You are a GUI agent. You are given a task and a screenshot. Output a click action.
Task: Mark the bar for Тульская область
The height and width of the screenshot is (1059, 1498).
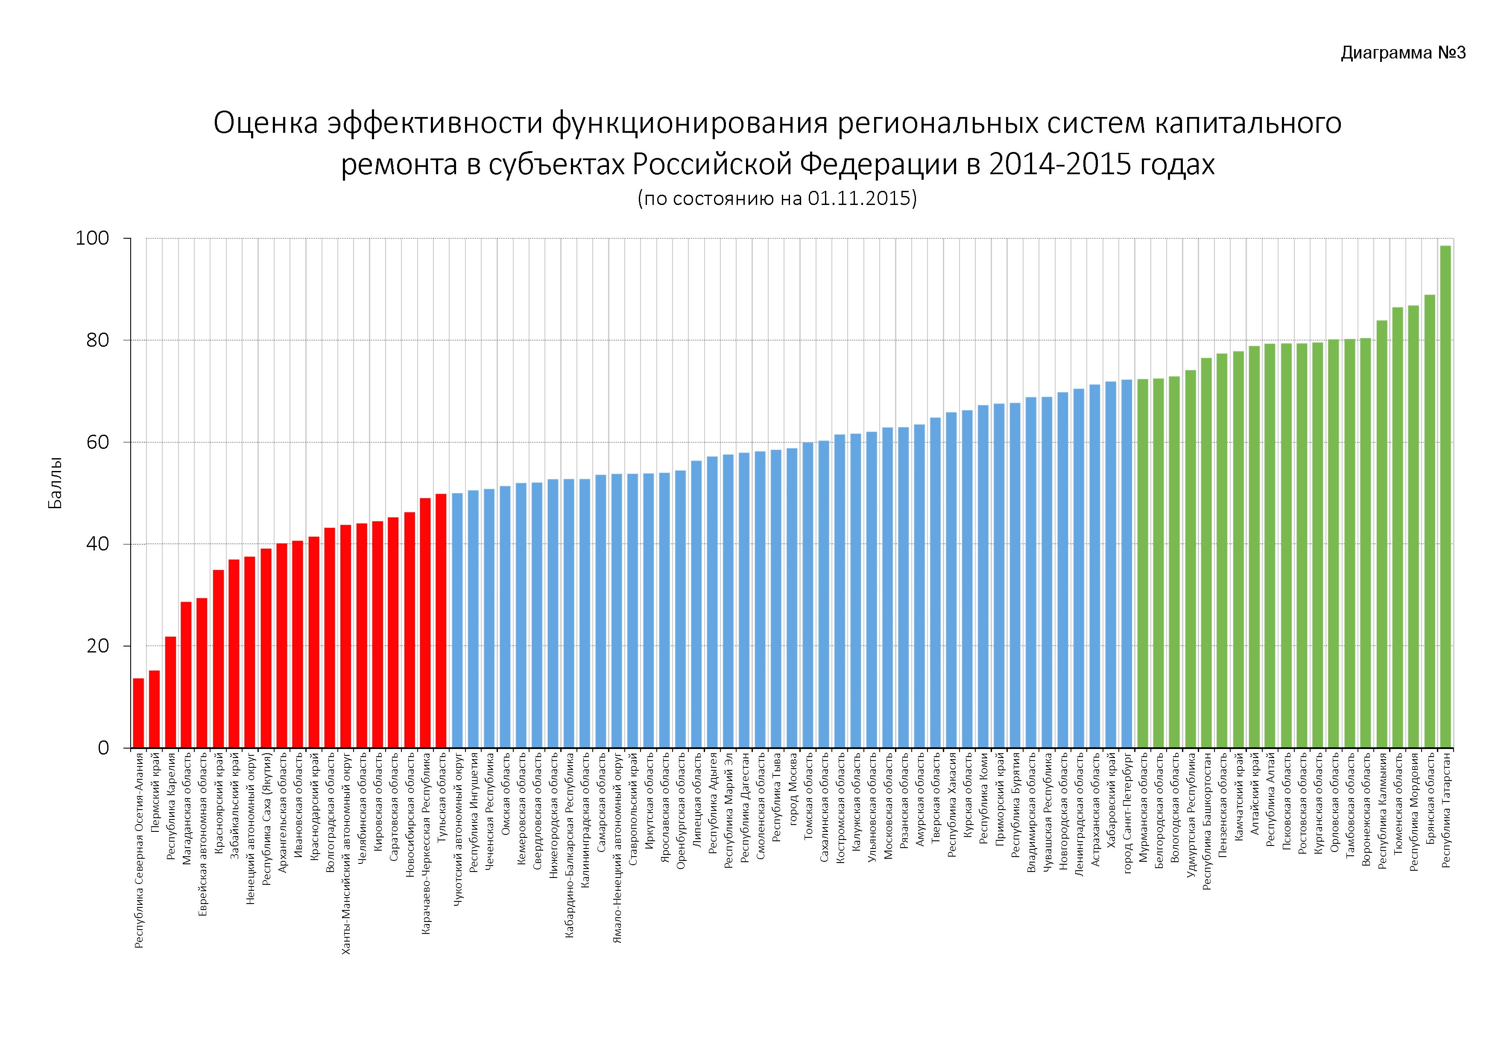click(441, 620)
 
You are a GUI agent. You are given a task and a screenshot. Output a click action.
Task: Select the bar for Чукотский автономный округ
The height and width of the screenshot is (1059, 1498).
click(457, 620)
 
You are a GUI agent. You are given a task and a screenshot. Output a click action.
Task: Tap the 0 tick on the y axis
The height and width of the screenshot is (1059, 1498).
click(103, 748)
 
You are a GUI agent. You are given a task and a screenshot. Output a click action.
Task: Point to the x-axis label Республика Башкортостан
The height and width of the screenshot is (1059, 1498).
click(1206, 822)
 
